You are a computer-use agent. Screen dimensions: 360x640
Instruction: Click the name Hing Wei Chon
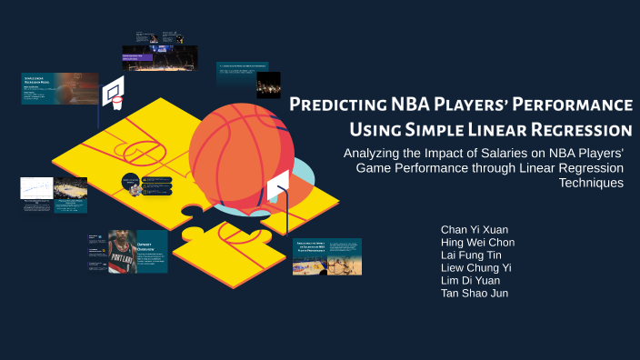477,242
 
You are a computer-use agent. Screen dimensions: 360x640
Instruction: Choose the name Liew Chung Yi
476,267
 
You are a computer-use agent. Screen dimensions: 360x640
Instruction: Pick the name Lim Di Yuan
470,280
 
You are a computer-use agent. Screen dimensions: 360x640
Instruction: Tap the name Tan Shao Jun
475,293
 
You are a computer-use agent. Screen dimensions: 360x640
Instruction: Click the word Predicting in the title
334,104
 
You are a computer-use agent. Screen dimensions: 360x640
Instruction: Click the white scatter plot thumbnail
37,190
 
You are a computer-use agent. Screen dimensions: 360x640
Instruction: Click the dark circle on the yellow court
131,184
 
